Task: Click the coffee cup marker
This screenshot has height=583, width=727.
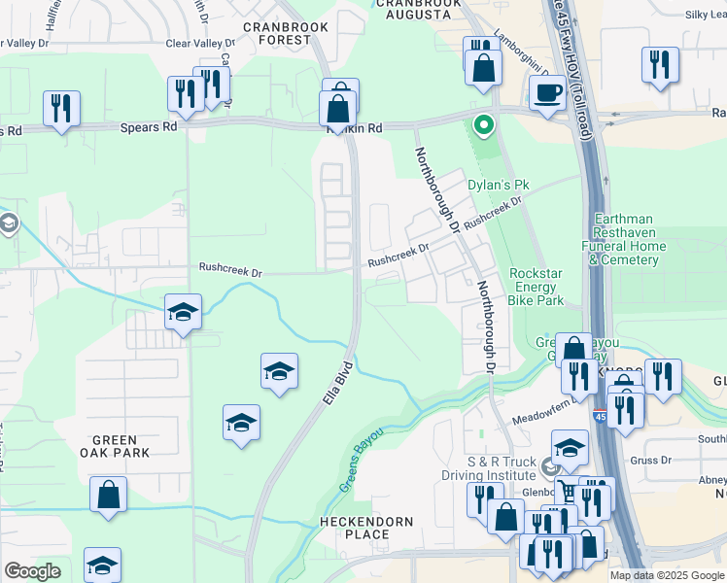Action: coord(548,93)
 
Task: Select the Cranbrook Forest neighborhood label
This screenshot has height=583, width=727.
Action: coord(277,33)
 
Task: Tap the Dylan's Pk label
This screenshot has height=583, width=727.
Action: coord(497,183)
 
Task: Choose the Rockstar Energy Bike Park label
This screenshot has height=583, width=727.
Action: coord(537,288)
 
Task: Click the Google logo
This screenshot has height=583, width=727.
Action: coord(32,571)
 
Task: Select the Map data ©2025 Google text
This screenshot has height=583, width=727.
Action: coord(667,575)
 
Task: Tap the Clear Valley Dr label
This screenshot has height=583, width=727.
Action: coord(200,44)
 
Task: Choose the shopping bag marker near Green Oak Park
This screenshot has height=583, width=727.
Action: coord(109,494)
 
